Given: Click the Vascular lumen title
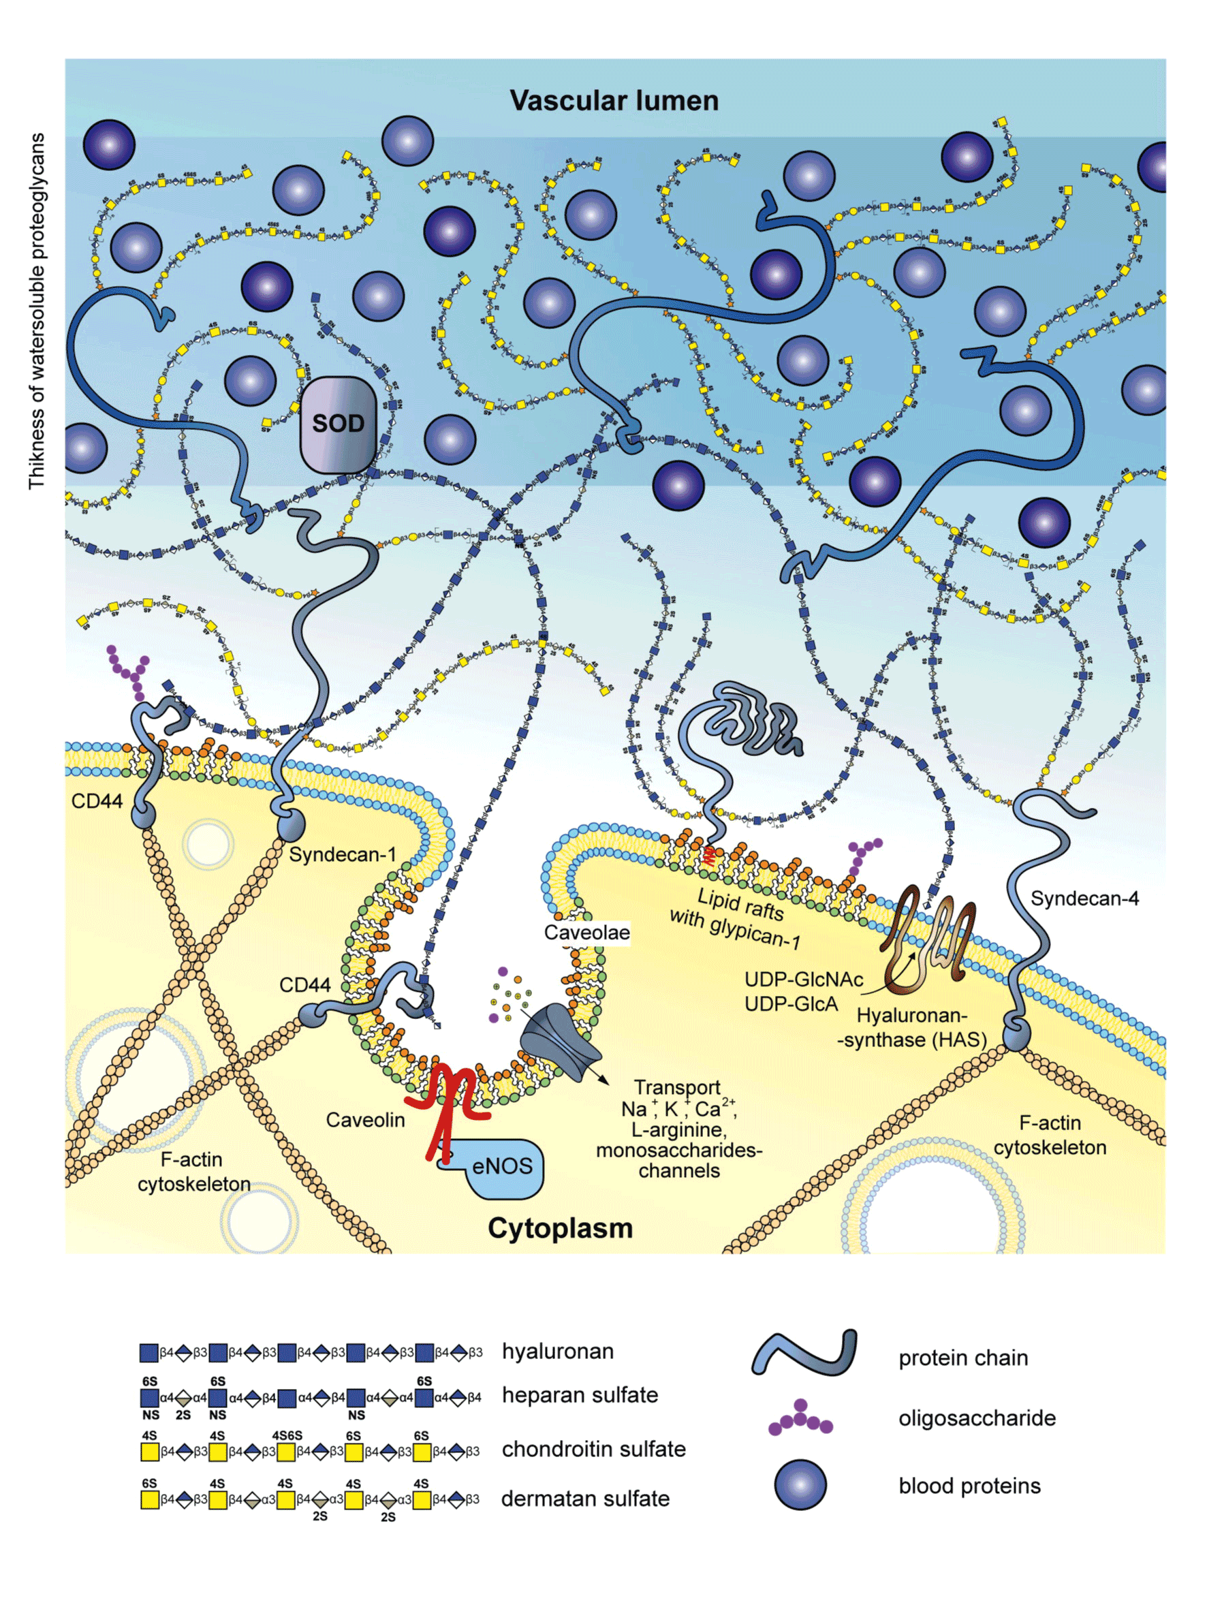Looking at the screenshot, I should point(613,100).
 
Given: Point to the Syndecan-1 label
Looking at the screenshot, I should point(342,854).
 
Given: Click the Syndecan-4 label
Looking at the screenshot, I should point(1084,899).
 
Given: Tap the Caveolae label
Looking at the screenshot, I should point(586,933).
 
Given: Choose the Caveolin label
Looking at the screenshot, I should point(365,1119).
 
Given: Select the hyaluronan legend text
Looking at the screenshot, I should point(557,1351).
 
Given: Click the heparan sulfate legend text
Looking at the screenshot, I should point(580,1394).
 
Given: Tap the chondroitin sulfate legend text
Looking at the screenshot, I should point(594,1448).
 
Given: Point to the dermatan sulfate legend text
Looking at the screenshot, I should point(585,1499).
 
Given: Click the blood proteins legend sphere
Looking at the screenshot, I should point(800,1484).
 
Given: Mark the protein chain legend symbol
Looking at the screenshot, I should point(804,1354).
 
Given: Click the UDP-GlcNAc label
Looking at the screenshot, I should point(803,979).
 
